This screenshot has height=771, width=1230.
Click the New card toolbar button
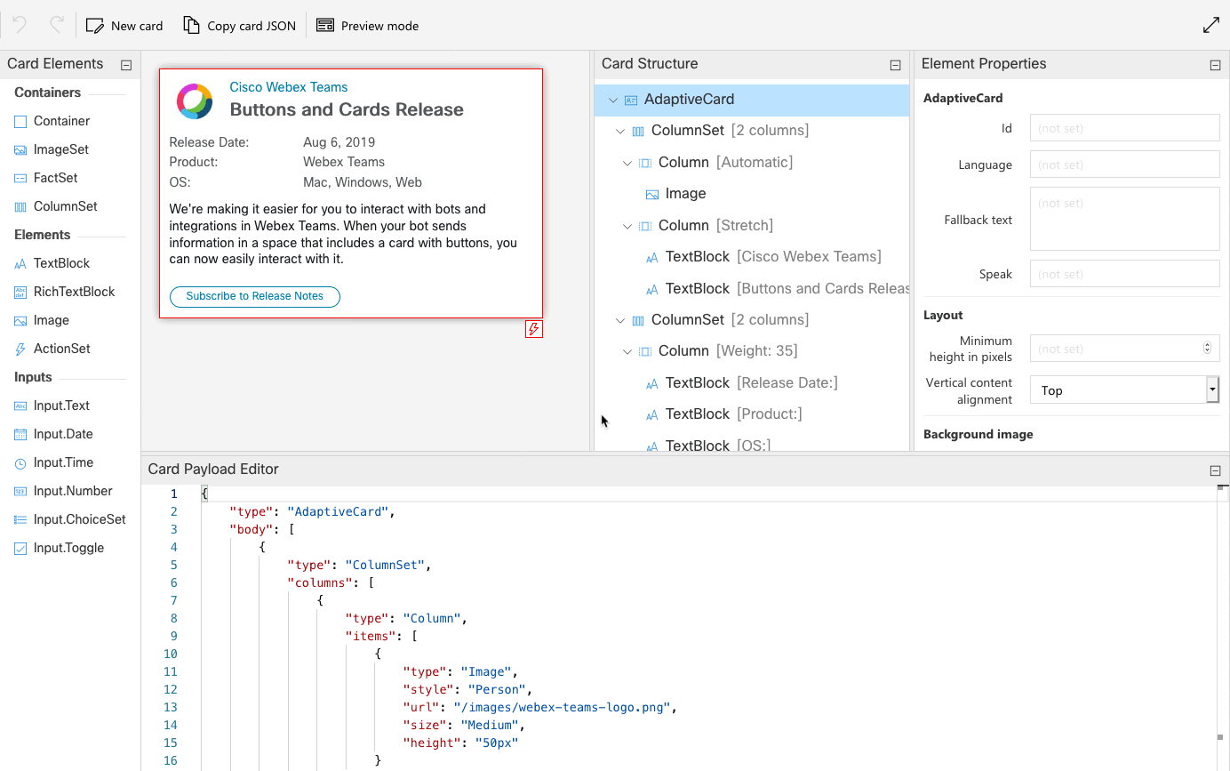(124, 26)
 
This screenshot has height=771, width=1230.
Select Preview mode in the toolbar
(367, 26)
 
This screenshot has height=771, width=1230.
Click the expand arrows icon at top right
(1210, 25)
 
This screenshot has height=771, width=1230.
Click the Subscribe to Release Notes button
(255, 296)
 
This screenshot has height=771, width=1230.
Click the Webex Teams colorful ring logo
(195, 101)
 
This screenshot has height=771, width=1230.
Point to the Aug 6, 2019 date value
(339, 142)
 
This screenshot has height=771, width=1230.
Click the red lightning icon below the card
(534, 329)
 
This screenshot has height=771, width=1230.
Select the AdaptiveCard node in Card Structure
(689, 100)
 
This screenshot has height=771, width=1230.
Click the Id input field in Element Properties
(1124, 128)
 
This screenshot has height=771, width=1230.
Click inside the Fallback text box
(1124, 219)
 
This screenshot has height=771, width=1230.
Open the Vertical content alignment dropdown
(1124, 390)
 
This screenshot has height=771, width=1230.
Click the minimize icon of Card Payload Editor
(1215, 470)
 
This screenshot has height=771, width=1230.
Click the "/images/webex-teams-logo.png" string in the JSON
(561, 707)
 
